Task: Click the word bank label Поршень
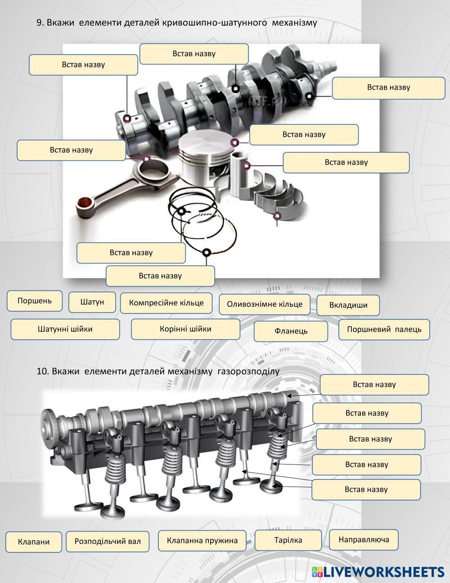pos(35,301)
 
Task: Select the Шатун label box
pos(92,302)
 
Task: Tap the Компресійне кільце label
pos(166,303)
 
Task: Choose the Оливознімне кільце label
pos(265,304)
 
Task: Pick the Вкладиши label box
pos(348,305)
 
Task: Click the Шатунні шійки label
pos(65,329)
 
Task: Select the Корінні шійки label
pos(185,329)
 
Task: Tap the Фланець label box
pos(291,331)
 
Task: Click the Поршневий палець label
pos(384,329)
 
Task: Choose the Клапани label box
pos(34,542)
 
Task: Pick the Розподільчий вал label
pos(108,542)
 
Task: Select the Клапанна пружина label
pos(202,540)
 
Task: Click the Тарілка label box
pos(288,540)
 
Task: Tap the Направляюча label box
pos(364,540)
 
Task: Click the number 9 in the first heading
pos(39,23)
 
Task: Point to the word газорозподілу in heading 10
pos(248,372)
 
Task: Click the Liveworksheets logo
pos(378,572)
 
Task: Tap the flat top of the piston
pos(206,143)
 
